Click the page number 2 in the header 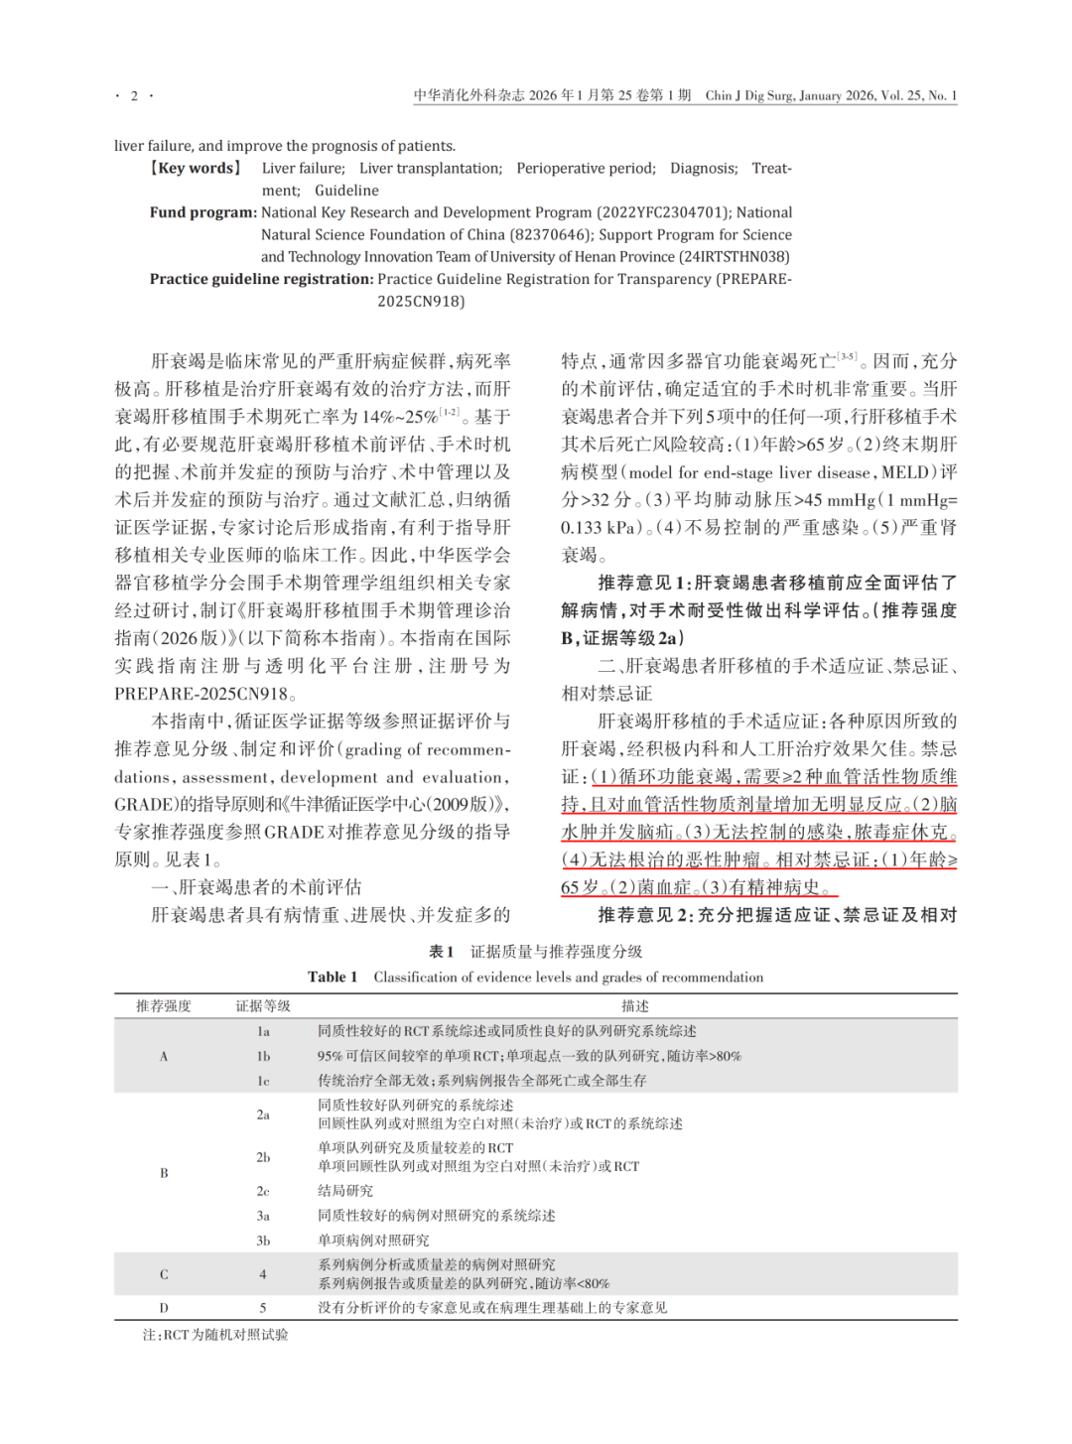click(134, 96)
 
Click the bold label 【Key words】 click(195, 168)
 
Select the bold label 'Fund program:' click(202, 212)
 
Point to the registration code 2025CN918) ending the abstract click(421, 301)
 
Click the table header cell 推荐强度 click(164, 1006)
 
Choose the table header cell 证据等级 click(263, 1006)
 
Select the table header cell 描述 click(635, 1006)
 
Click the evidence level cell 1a click(263, 1031)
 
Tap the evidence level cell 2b click(263, 1157)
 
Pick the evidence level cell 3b click(263, 1241)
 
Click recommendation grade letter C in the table click(164, 1274)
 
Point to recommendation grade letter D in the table click(164, 1308)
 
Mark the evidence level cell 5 click(263, 1308)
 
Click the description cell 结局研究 click(345, 1191)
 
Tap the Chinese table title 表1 click(441, 952)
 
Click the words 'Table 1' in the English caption click(333, 978)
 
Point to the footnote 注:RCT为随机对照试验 click(215, 1335)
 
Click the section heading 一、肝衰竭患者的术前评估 click(256, 887)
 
